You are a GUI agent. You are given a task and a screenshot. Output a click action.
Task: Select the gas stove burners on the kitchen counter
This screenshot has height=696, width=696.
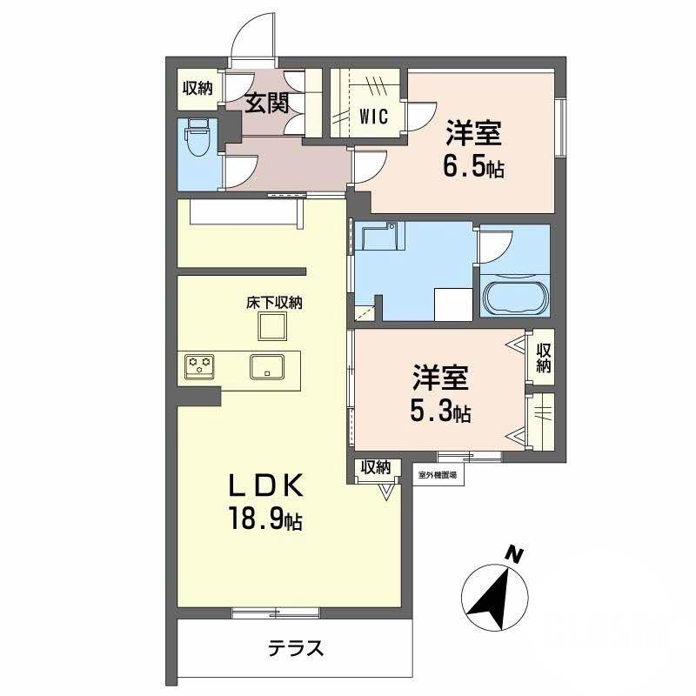click(200, 365)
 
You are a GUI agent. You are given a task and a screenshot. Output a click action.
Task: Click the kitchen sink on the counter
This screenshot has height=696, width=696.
click(268, 366)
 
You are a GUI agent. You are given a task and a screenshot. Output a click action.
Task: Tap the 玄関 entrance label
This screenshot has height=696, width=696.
click(265, 104)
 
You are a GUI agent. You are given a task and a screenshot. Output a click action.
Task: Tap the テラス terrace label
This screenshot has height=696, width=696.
click(296, 648)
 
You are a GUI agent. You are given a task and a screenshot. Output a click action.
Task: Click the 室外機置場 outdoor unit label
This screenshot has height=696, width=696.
click(437, 474)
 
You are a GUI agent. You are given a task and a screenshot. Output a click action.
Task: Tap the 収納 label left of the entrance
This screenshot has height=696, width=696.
click(197, 88)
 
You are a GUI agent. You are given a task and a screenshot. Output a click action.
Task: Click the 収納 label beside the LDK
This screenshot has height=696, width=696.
click(375, 468)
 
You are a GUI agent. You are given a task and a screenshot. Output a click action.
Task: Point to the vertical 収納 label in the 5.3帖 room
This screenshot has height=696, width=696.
click(544, 358)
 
